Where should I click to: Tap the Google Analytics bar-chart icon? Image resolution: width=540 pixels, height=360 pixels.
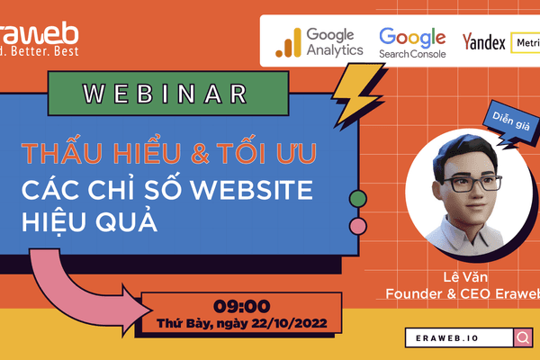coord(288,42)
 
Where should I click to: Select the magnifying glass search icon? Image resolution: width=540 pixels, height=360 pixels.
coord(521,338)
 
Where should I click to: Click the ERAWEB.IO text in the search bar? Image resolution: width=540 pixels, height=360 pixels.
coord(455,338)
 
